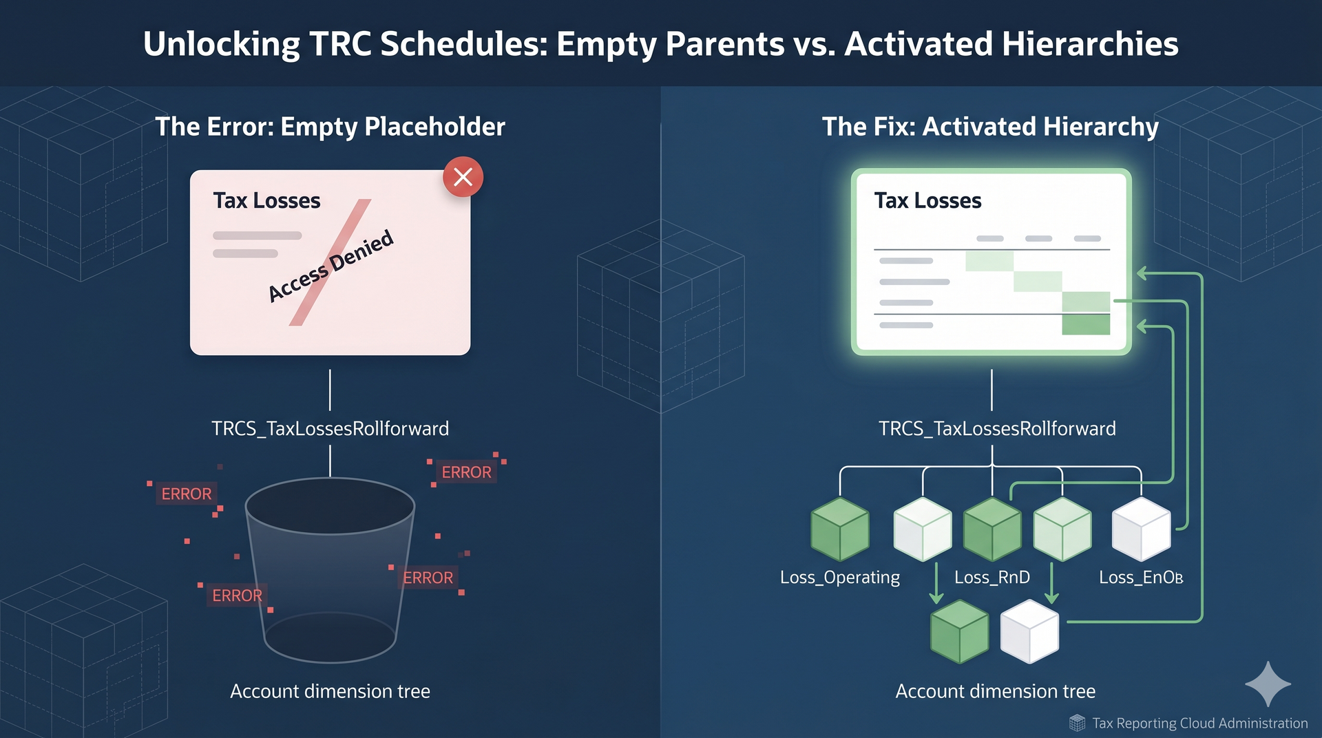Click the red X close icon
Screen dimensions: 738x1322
[463, 177]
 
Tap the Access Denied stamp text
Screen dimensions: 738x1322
[330, 266]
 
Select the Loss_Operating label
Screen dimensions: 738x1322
[839, 577]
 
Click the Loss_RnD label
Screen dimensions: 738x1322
[992, 577]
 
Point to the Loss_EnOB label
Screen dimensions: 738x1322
[1140, 577]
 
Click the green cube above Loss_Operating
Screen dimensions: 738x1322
[839, 529]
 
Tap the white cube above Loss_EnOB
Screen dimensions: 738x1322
[1141, 529]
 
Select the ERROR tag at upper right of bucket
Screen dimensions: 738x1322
[466, 472]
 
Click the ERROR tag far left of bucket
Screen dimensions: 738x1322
[186, 494]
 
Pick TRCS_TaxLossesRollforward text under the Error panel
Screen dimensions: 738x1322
[330, 428]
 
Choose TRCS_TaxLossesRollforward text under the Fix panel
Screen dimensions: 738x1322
[996, 428]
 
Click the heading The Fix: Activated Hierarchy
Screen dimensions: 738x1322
[990, 127]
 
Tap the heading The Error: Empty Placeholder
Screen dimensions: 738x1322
[330, 127]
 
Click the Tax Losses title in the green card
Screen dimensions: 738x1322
[927, 200]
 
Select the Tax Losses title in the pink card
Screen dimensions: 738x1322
[266, 200]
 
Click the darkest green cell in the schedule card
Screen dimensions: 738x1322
[1085, 325]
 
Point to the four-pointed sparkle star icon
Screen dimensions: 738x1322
[1268, 684]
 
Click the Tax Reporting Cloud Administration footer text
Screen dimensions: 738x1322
[1199, 723]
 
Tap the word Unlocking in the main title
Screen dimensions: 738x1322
[221, 44]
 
